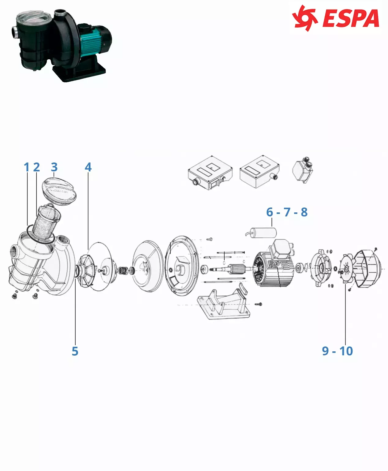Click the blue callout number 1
coord(27,167)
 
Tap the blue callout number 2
coord(36,167)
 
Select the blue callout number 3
coord(54,167)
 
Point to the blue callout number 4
coord(88,167)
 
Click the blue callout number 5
coord(75,351)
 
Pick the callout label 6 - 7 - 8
coord(287,212)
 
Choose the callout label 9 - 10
coord(338,351)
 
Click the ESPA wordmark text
coord(351,18)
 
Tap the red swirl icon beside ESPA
coord(305,18)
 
